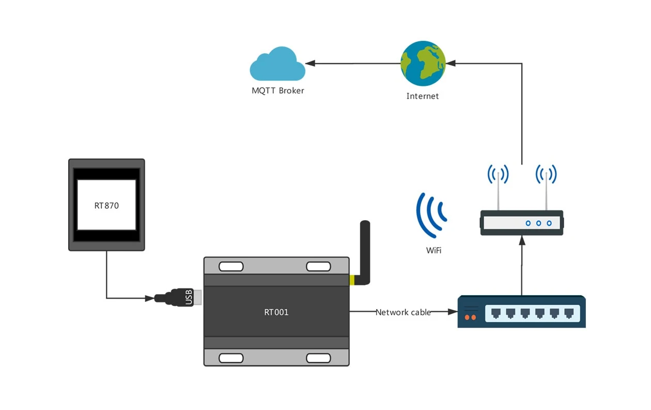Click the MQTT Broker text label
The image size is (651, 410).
click(x=278, y=90)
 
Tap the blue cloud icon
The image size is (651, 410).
click(x=277, y=65)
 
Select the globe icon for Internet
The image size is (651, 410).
click(x=423, y=64)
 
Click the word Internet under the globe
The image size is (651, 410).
click(x=422, y=96)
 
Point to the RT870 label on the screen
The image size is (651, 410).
click(x=106, y=205)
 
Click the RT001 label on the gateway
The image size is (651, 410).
click(x=276, y=312)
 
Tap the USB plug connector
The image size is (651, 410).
click(x=176, y=298)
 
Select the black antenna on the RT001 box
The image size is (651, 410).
click(x=364, y=248)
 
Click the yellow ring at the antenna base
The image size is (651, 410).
click(x=352, y=280)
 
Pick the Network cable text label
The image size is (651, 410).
click(x=403, y=312)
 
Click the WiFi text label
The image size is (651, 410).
click(x=433, y=250)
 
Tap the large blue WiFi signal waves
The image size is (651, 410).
click(x=430, y=212)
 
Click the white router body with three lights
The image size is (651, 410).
click(x=522, y=223)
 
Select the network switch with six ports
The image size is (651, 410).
click(x=522, y=312)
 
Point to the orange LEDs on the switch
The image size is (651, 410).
click(x=470, y=317)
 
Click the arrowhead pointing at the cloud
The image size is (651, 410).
click(x=309, y=64)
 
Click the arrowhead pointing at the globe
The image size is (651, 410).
click(x=450, y=64)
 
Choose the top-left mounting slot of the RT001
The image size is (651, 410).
click(x=231, y=266)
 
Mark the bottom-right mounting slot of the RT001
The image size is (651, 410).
click(x=319, y=358)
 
